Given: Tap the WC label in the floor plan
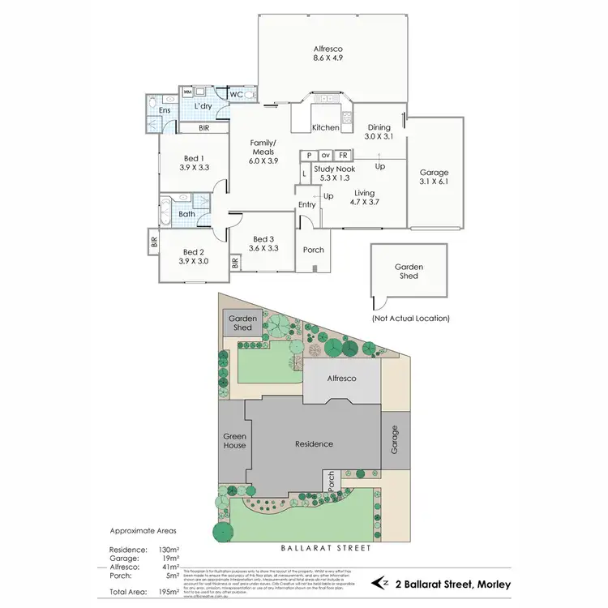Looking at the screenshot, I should (x=237, y=95).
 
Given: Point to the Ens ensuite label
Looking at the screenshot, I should (x=165, y=109).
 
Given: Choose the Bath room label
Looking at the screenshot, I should (x=187, y=215).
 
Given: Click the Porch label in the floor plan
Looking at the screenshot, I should (x=313, y=250).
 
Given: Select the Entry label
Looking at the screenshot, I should (x=307, y=205).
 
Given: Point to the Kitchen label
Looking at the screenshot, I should (x=326, y=127).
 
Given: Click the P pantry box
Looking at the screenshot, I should (x=309, y=155).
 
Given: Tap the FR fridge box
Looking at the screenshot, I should (x=343, y=155).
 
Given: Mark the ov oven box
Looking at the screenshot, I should (x=325, y=155).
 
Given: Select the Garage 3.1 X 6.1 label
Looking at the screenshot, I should (x=434, y=178).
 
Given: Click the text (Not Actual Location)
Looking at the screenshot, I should (x=410, y=319).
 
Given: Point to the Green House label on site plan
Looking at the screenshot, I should (x=234, y=441).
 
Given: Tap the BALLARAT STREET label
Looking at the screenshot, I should (x=326, y=549).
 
